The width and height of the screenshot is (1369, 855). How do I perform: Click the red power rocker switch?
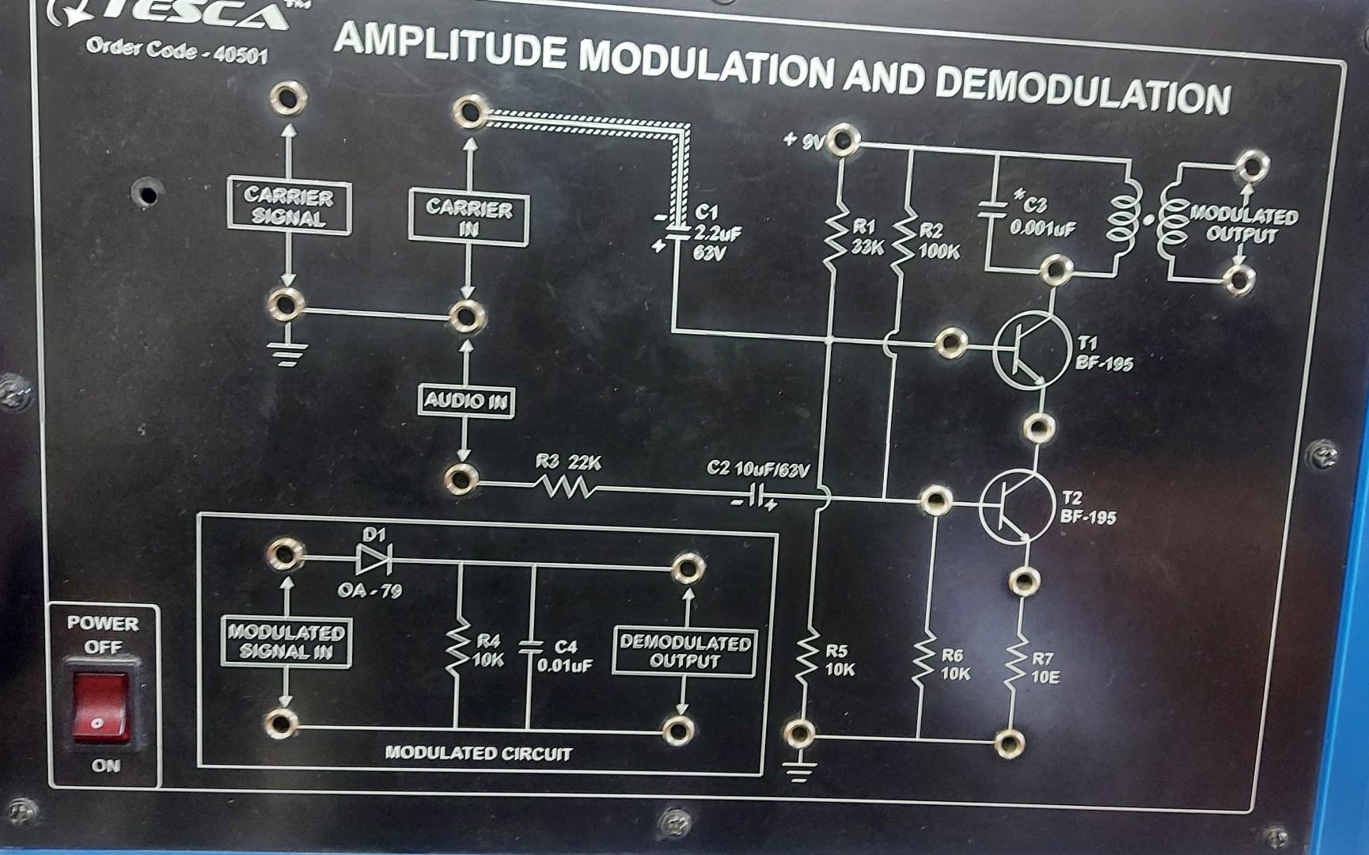100,706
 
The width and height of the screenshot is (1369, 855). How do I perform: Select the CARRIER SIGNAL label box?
289,206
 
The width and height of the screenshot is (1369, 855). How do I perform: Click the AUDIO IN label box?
465,401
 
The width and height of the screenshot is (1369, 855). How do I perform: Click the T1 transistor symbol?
1029,350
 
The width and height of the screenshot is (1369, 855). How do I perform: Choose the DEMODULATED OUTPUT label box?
685,652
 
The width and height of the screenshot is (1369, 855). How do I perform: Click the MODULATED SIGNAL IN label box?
286,642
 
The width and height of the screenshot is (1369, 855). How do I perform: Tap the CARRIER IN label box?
469,218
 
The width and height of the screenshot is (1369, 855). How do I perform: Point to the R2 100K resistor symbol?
904,242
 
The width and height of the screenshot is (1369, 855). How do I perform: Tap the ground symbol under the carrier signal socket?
286,354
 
